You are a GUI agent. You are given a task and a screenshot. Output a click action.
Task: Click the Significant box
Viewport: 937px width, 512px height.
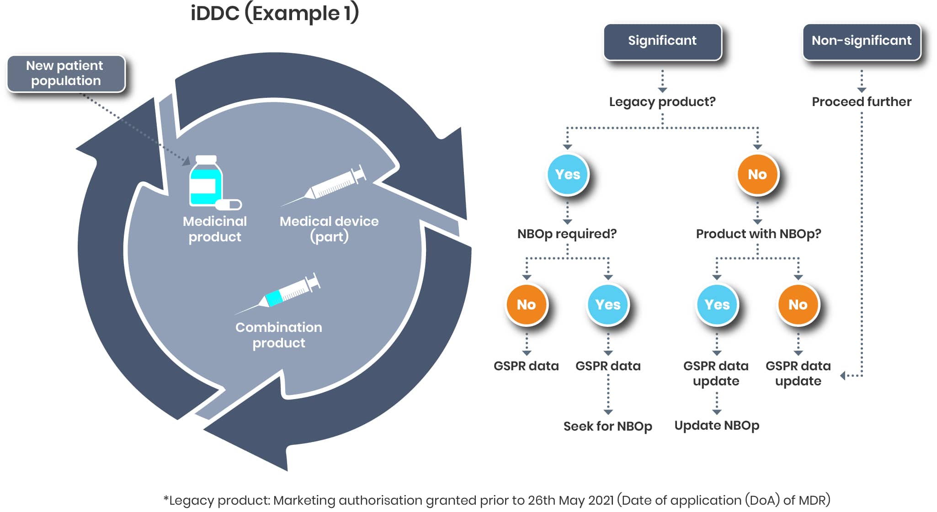pyautogui.click(x=662, y=42)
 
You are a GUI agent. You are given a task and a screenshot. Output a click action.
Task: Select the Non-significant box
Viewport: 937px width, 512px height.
pyautogui.click(x=862, y=42)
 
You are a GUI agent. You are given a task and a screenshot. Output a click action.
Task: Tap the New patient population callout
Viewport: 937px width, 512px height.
pyautogui.click(x=66, y=74)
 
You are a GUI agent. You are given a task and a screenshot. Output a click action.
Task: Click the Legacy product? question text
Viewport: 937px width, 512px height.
pyautogui.click(x=662, y=101)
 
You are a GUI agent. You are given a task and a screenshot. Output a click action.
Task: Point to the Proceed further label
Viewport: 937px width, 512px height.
pyautogui.click(x=862, y=101)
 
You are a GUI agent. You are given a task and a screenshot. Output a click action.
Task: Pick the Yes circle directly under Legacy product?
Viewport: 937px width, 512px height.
pyautogui.click(x=568, y=174)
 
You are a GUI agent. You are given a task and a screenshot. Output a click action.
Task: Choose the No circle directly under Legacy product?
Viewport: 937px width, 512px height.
pyautogui.click(x=757, y=174)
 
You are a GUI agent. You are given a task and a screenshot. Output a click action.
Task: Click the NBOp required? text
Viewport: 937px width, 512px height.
pyautogui.click(x=567, y=234)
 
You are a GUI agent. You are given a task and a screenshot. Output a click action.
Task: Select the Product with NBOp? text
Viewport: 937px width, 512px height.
pyautogui.click(x=758, y=234)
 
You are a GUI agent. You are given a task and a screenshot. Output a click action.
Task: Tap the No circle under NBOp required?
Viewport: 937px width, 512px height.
pyautogui.click(x=527, y=304)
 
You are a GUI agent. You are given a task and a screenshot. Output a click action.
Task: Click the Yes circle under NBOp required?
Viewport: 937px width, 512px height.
pyautogui.click(x=608, y=304)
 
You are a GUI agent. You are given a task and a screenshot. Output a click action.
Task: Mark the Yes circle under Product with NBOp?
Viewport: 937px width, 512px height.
pyautogui.click(x=717, y=304)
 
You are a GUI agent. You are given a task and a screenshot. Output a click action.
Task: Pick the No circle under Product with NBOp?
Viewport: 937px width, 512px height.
pyautogui.click(x=798, y=304)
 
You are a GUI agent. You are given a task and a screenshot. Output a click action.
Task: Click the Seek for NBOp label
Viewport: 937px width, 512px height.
pyautogui.click(x=608, y=426)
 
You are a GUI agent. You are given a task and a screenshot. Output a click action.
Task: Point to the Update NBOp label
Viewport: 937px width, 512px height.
pyautogui.click(x=717, y=426)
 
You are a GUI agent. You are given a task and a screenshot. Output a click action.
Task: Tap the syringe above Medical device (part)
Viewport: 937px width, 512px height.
pyautogui.click(x=324, y=186)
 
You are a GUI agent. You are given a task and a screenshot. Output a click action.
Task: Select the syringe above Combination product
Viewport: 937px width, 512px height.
pyautogui.click(x=278, y=294)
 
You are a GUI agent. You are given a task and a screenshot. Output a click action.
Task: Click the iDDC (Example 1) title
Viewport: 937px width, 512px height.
pyautogui.click(x=275, y=13)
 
